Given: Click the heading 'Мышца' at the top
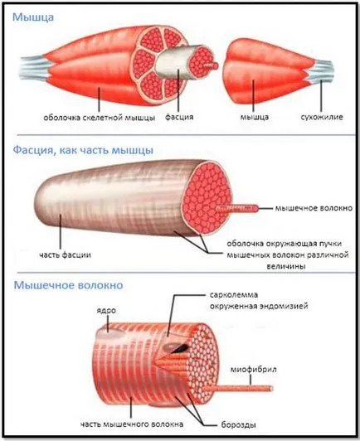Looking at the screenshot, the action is tap(33, 17).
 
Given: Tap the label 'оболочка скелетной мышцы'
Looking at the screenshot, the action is tap(99, 118).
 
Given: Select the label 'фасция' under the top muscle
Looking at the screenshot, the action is tap(179, 117).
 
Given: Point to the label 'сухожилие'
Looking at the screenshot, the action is tap(322, 117).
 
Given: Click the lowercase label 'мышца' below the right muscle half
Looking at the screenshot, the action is tap(254, 117).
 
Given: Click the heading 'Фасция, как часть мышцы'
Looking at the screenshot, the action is tap(83, 150).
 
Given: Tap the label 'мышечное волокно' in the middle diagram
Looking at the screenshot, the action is tap(314, 208).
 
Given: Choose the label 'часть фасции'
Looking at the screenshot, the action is tap(65, 255).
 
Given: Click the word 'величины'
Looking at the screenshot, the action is tap(286, 266).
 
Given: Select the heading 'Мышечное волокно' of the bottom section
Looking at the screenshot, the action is tap(68, 285).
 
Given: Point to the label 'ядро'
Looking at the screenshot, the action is tap(106, 311).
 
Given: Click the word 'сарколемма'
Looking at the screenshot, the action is tap(234, 295).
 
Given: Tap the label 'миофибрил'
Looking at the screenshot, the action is tap(253, 369).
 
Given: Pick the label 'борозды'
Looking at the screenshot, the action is tap(238, 424).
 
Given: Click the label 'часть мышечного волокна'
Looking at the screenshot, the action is tap(132, 424).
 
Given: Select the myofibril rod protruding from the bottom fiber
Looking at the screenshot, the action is tap(238, 389).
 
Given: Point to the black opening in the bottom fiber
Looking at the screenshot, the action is tap(179, 349).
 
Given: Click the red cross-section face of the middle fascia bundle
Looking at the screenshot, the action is tap(207, 197).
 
